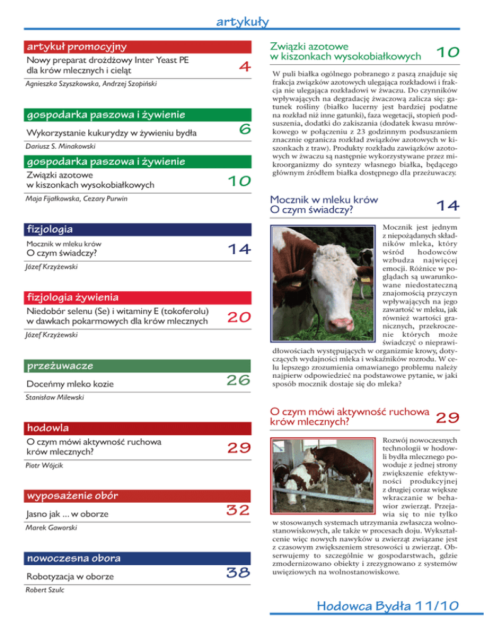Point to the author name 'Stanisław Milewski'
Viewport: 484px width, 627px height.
point(55,399)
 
